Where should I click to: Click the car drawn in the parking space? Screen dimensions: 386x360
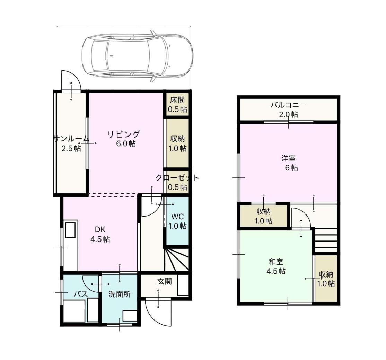click(x=137, y=56)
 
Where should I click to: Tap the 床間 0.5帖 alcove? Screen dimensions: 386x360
click(x=177, y=104)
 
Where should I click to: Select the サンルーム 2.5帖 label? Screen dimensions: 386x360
click(x=71, y=143)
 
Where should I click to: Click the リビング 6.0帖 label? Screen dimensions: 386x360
click(x=124, y=139)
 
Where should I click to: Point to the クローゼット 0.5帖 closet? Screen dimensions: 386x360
click(x=177, y=182)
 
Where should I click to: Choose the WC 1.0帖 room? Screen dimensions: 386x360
click(x=177, y=221)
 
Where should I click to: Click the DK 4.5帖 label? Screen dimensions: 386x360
click(x=100, y=234)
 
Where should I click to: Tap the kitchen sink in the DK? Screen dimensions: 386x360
click(x=70, y=229)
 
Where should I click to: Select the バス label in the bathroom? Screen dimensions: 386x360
click(x=81, y=294)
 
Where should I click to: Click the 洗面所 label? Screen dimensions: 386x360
click(x=120, y=294)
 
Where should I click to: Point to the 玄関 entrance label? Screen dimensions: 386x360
click(x=165, y=281)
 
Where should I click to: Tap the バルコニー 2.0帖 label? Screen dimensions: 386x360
click(x=289, y=110)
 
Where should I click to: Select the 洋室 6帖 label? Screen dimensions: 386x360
click(x=290, y=163)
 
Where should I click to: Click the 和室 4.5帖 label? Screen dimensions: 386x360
click(x=276, y=266)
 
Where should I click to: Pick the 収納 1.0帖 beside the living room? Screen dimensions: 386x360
click(x=177, y=143)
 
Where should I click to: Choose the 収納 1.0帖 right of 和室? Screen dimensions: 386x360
click(x=326, y=279)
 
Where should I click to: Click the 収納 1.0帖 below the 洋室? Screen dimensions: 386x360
click(x=263, y=216)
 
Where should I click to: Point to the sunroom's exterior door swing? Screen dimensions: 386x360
click(x=71, y=81)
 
